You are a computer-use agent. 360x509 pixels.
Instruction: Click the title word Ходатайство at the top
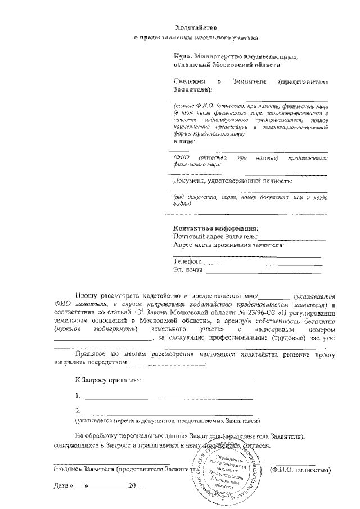tap(196, 27)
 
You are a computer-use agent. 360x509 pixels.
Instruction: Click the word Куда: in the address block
tap(183, 57)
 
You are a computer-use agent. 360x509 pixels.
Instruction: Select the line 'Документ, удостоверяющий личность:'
tap(232, 181)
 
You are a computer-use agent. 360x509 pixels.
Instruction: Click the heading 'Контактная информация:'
tap(215, 229)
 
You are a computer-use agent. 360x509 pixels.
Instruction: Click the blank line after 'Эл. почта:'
tap(264, 272)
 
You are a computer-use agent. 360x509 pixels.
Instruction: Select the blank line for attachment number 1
tap(164, 397)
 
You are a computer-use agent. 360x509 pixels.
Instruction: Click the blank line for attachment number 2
tap(164, 412)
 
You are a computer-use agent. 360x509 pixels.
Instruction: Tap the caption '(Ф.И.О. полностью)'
tap(300, 469)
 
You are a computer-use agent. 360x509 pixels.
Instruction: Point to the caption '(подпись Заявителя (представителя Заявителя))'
tap(124, 469)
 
